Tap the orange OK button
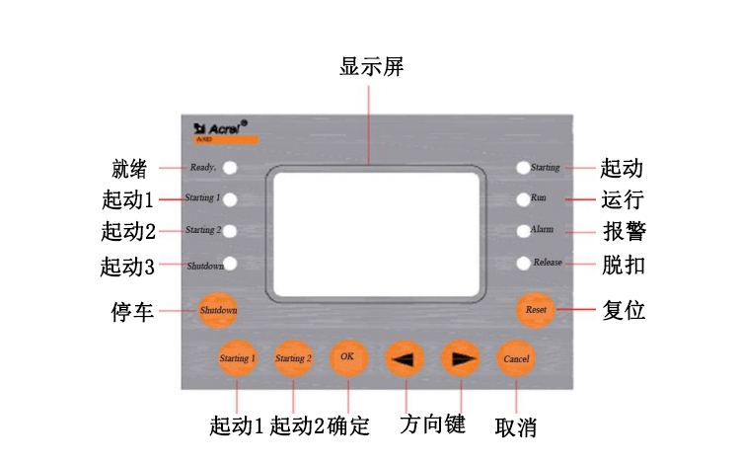click(347, 356)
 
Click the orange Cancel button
click(516, 357)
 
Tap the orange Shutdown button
click(218, 310)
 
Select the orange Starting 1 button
click(238, 357)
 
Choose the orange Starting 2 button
click(292, 357)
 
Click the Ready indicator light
click(230, 167)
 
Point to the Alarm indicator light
click(523, 231)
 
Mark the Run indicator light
click(523, 198)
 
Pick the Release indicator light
click(523, 264)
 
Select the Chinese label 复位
click(624, 310)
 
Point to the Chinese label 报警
click(625, 232)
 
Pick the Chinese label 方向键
click(432, 424)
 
